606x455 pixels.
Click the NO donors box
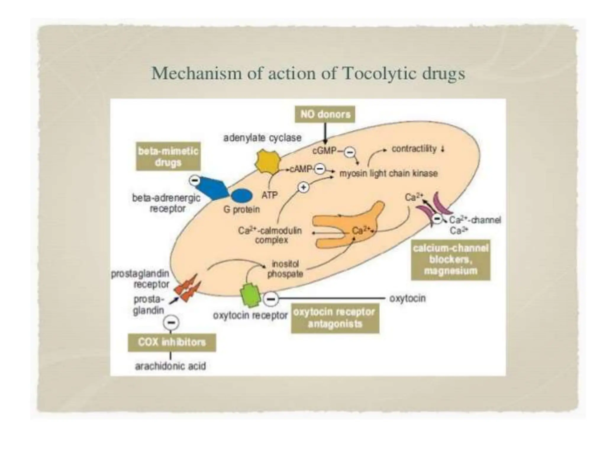(325, 114)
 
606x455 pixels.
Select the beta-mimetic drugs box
(168, 157)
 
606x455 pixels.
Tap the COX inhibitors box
(172, 342)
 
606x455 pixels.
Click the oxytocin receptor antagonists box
(335, 318)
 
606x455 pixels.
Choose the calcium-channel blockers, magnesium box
(450, 259)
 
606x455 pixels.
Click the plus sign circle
(303, 188)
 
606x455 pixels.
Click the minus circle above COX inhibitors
(171, 322)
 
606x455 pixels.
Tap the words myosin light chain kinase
(388, 174)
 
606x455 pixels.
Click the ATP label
(269, 195)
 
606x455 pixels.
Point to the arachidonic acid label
(170, 366)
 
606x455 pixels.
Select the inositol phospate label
(285, 269)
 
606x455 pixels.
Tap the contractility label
(414, 149)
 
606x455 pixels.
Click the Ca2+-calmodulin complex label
(270, 235)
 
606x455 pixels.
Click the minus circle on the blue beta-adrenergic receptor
(194, 180)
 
